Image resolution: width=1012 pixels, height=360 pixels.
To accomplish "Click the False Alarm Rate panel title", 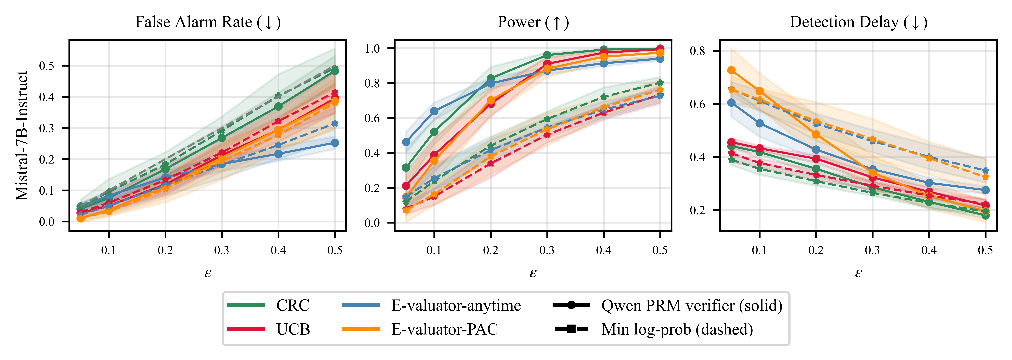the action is pyautogui.click(x=208, y=22).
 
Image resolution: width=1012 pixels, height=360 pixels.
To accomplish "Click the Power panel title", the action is pyautogui.click(x=533, y=22).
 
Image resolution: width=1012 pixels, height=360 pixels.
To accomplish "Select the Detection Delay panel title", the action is pyautogui.click(x=858, y=22).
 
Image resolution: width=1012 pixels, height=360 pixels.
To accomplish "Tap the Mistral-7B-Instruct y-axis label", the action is pyautogui.click(x=22, y=136).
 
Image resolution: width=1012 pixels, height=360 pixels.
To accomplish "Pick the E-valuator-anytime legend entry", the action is pyautogui.click(x=431, y=305).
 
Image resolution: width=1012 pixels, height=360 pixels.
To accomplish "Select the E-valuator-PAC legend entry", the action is pyautogui.click(x=420, y=329).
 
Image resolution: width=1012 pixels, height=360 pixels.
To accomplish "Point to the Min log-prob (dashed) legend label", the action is pyautogui.click(x=677, y=329).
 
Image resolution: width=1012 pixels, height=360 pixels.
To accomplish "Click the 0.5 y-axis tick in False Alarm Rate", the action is pyautogui.click(x=47, y=66).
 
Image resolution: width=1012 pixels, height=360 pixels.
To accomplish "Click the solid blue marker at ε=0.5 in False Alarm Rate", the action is pyautogui.click(x=335, y=143).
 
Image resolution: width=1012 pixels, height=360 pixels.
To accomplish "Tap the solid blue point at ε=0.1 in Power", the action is pyautogui.click(x=434, y=111).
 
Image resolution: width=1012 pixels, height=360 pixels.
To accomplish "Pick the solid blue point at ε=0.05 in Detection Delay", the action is pyautogui.click(x=731, y=103).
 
